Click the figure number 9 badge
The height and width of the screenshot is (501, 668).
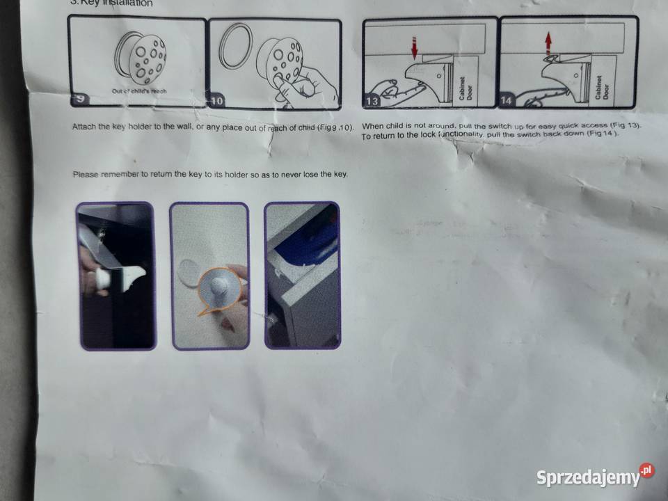(81, 100)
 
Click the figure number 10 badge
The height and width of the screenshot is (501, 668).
(217, 101)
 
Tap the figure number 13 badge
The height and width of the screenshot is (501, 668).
(372, 102)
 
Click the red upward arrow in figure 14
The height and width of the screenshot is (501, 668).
(548, 43)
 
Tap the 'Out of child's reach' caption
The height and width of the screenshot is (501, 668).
(139, 91)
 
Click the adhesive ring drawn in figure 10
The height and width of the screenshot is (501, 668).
(235, 47)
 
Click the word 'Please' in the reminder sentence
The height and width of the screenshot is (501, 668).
(86, 175)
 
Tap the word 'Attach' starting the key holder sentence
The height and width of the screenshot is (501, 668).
(85, 127)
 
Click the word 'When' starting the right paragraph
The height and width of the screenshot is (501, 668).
(374, 125)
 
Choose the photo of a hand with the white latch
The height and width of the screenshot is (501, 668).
(116, 276)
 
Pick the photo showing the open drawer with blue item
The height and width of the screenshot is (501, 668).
(302, 276)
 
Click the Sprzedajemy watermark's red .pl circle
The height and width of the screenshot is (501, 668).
(647, 471)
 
